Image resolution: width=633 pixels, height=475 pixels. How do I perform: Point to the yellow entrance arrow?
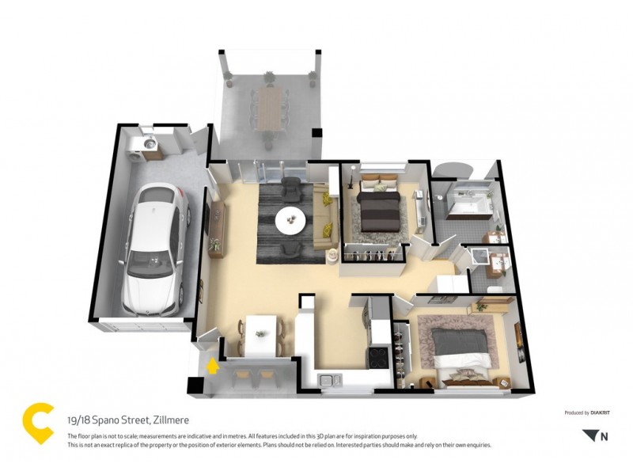[x=212, y=366]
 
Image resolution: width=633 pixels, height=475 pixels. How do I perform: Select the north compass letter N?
[x=605, y=436]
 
